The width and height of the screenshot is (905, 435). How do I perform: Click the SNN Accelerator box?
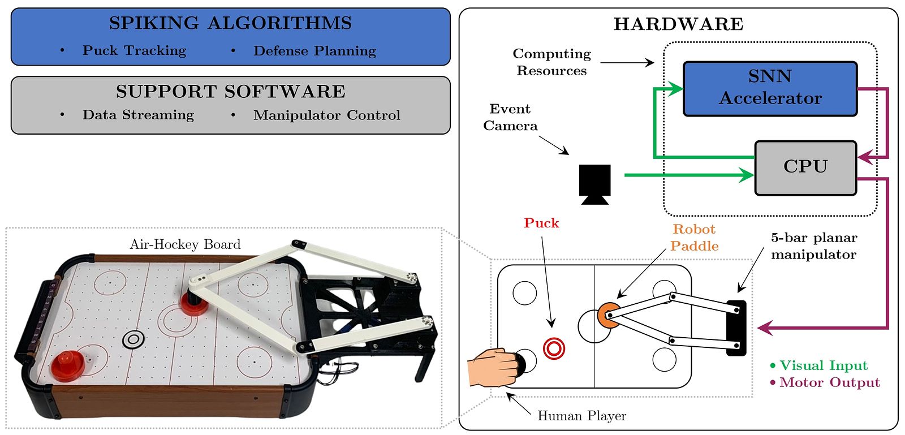pos(770,88)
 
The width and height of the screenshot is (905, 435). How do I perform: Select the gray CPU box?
pos(805,167)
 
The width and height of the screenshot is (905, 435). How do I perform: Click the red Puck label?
pos(541,223)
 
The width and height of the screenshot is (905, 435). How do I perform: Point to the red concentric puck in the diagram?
pos(554,348)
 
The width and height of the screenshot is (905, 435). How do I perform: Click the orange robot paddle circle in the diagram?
pos(607,315)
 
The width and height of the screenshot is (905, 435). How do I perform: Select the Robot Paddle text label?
pos(694,238)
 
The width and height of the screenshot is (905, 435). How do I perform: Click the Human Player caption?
pos(581,416)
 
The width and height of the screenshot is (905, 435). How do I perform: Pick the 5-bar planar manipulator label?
pos(813,246)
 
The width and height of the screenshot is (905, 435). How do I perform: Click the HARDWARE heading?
pos(678,24)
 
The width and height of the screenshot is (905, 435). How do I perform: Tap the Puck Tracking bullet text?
pos(134,51)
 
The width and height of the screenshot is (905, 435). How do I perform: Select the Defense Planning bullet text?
pos(314,51)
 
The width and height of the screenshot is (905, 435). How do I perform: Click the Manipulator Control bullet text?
pos(326,115)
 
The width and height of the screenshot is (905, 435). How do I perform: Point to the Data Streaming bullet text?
pos(138,115)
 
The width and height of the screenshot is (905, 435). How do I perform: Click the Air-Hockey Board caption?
pos(185,244)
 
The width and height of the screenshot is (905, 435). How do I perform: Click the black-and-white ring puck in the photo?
pos(133,339)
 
